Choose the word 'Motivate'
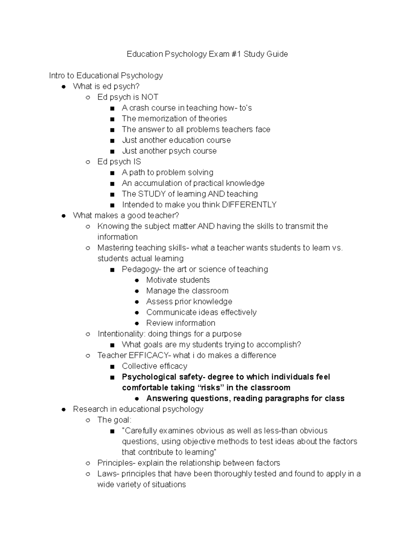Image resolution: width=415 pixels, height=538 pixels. [161, 280]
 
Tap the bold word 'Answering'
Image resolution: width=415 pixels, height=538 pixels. [164, 398]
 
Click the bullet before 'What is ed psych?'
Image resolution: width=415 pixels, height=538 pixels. [63, 87]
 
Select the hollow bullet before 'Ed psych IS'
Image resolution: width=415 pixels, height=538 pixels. [88, 162]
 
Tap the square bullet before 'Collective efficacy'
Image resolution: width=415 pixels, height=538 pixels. [112, 367]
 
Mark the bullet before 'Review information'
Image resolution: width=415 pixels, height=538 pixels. [137, 323]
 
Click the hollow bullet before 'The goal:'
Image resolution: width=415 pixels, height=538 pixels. [88, 420]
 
